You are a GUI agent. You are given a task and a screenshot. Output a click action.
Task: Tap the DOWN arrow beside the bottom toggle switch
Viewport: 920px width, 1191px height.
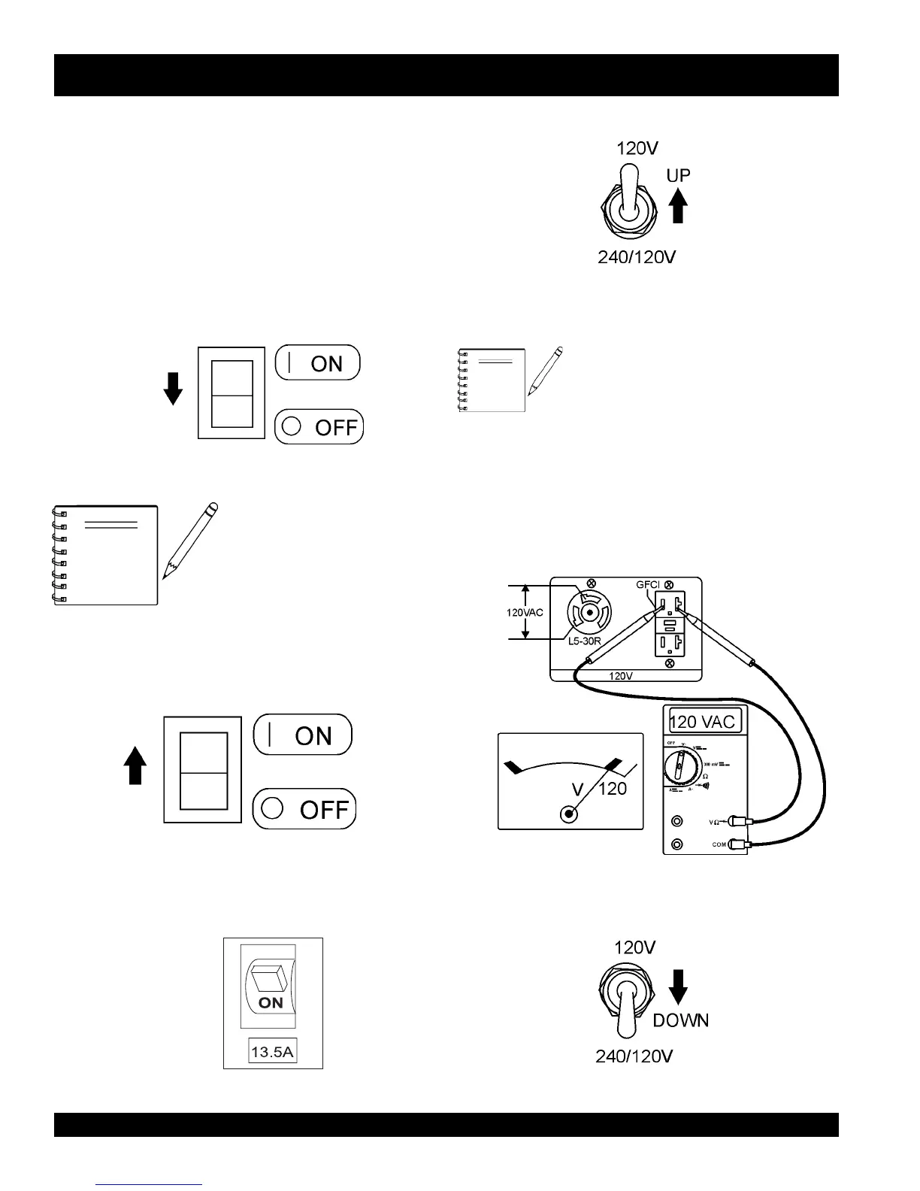678,986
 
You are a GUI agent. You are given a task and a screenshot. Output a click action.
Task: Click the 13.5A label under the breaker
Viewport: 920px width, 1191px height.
272,1051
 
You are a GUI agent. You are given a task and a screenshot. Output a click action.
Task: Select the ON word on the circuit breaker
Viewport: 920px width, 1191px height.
271,1002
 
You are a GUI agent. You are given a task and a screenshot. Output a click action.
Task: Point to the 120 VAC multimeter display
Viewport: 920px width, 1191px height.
705,722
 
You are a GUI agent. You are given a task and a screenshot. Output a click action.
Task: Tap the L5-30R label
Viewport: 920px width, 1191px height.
584,641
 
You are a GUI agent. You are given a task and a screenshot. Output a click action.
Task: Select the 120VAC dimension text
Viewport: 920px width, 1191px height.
524,613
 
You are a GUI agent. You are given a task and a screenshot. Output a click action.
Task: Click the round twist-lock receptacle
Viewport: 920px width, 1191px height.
590,612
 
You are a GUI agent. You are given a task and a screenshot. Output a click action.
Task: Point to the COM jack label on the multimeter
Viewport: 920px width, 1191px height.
719,844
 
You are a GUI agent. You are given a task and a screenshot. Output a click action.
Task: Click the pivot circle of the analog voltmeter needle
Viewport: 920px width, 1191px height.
570,814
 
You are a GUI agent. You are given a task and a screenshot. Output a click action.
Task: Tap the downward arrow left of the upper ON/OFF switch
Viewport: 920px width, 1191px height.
173,388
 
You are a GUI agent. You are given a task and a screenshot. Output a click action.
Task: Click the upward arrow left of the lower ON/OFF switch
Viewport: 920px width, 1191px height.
135,765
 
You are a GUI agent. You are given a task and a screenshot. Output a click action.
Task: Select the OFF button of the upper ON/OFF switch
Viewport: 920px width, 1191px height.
319,427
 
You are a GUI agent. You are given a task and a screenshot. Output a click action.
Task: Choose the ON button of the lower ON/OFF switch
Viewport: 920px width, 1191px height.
303,735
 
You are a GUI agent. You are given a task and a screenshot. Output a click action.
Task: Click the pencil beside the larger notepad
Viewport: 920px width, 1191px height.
189,541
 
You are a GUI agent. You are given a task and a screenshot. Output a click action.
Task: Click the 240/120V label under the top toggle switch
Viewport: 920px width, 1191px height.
637,257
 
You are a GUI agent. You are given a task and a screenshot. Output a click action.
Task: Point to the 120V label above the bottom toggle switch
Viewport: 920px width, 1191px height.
635,947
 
